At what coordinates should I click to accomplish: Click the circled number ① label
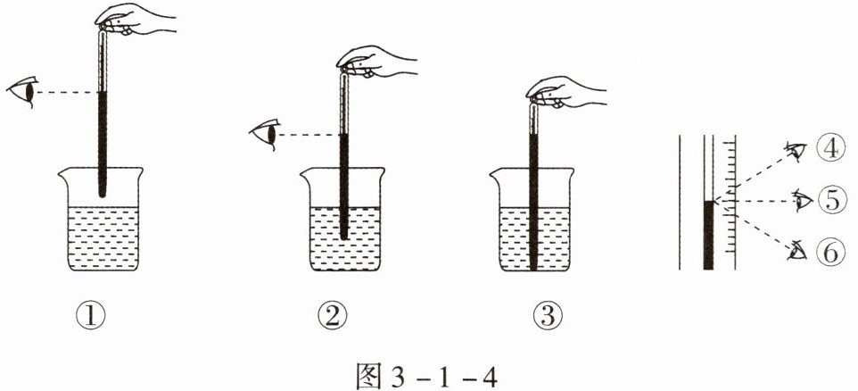point(91,317)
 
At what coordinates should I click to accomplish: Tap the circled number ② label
point(333,317)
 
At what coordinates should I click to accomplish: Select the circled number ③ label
point(549,317)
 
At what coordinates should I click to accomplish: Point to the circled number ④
point(832,149)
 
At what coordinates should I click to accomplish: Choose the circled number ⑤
point(832,201)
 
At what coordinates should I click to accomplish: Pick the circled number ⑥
point(832,253)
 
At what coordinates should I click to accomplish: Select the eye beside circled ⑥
point(797,252)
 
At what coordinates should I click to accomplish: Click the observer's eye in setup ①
point(23,91)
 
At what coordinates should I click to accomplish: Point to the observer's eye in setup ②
point(265,134)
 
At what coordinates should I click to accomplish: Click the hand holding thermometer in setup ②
point(376,62)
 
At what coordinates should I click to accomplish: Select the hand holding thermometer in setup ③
point(565,91)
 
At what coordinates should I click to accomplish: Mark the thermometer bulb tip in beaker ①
point(102,195)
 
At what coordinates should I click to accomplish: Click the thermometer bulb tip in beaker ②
point(343,237)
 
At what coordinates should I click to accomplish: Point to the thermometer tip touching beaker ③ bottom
point(533,269)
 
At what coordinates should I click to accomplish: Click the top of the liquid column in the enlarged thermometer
point(709,202)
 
